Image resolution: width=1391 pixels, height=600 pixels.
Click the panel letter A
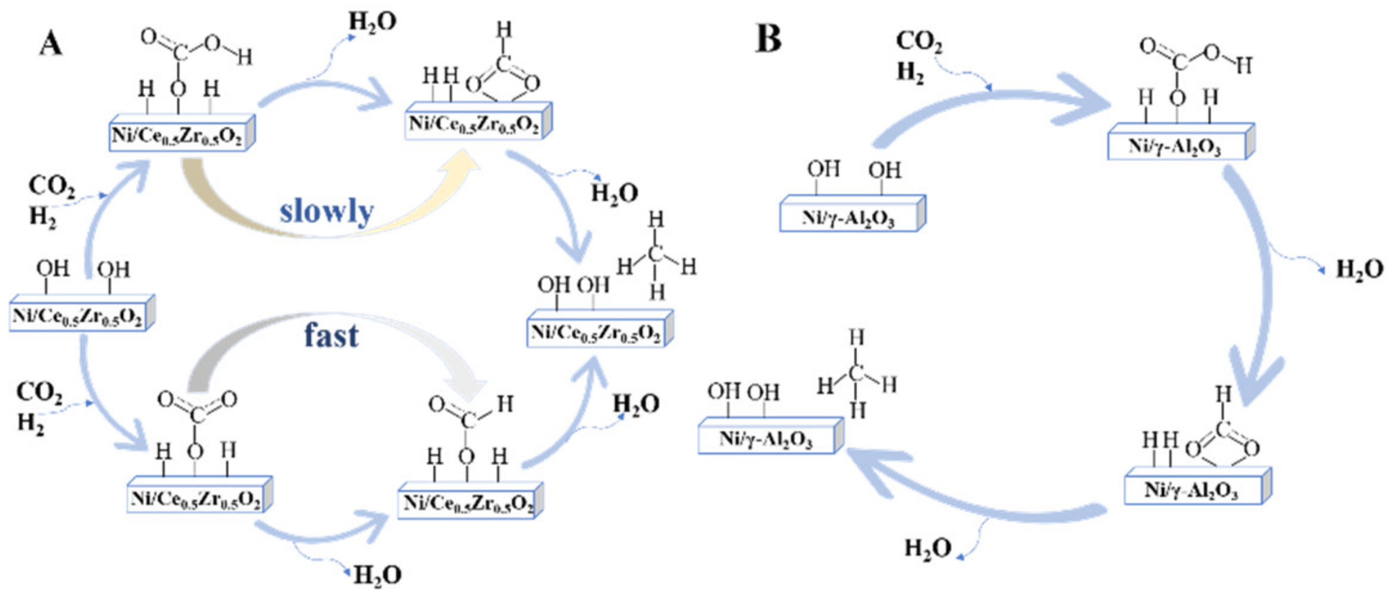[x=51, y=44]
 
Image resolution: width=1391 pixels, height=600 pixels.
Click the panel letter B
[x=769, y=38]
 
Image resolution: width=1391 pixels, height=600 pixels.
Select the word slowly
[x=327, y=211]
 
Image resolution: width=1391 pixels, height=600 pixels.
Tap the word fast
[x=331, y=335]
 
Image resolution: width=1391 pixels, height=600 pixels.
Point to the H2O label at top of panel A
[x=372, y=22]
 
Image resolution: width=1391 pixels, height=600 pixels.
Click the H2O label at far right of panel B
[x=1359, y=269]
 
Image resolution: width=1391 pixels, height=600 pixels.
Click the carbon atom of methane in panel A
[x=656, y=254]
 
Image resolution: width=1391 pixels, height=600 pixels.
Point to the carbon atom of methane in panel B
[x=856, y=374]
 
